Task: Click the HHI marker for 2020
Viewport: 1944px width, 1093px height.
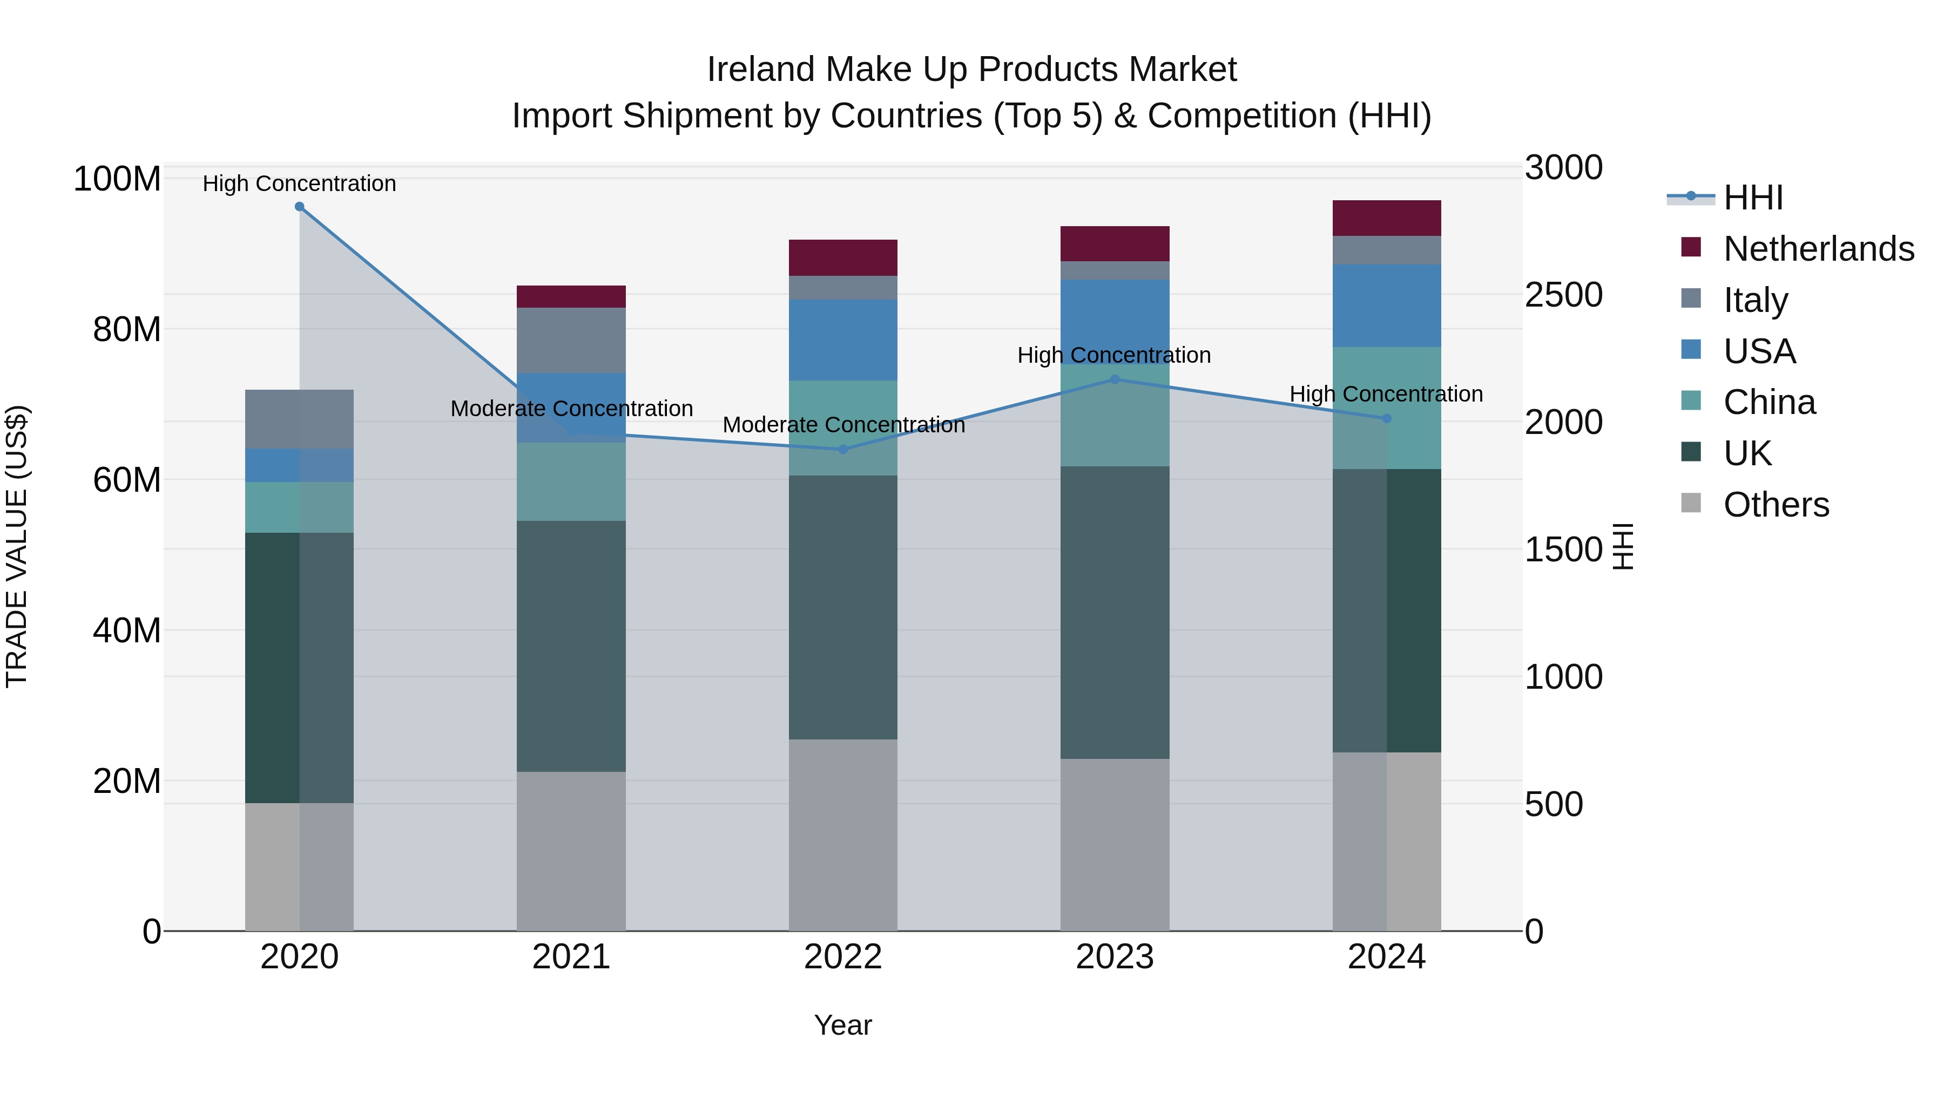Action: pyautogui.click(x=300, y=207)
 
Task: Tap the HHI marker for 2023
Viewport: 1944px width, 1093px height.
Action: pyautogui.click(x=1115, y=379)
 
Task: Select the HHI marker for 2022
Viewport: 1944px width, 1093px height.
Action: pyautogui.click(x=843, y=450)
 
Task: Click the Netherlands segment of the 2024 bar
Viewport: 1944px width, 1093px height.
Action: pyautogui.click(x=1386, y=218)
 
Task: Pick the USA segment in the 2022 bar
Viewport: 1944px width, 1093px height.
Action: pyautogui.click(x=843, y=340)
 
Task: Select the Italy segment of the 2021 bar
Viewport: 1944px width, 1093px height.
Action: pyautogui.click(x=571, y=340)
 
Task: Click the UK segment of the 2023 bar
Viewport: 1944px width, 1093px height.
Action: pyautogui.click(x=1115, y=612)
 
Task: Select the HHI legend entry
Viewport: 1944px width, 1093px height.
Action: pyautogui.click(x=1752, y=198)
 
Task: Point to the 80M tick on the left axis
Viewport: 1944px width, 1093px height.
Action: pyautogui.click(x=127, y=330)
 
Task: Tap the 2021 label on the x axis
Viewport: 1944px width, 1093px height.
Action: pyautogui.click(x=571, y=957)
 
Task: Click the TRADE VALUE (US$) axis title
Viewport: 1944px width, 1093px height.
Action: pyautogui.click(x=17, y=546)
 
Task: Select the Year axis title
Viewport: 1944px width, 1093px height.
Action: pyautogui.click(x=843, y=1025)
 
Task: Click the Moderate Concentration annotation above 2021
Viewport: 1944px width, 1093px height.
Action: pyautogui.click(x=571, y=409)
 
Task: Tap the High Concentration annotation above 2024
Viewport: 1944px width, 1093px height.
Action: pyautogui.click(x=1386, y=394)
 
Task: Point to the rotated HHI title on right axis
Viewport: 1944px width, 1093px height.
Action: pyautogui.click(x=1623, y=546)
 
